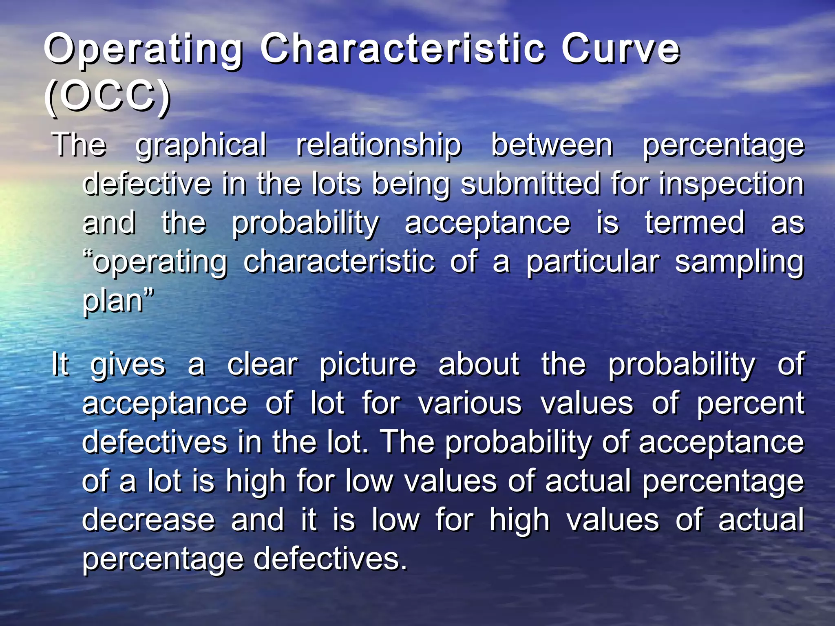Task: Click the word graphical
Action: [x=201, y=145]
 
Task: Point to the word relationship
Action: [x=379, y=145]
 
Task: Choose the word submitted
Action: [x=530, y=184]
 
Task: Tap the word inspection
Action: [x=731, y=185]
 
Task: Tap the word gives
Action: [x=128, y=365]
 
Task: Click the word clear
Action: [x=263, y=364]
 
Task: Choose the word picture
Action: [x=367, y=365]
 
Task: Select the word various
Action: [x=470, y=403]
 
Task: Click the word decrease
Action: [x=148, y=520]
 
